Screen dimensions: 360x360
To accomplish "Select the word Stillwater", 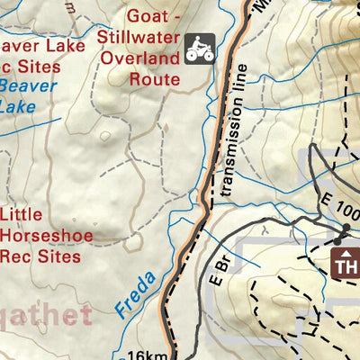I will [140, 37].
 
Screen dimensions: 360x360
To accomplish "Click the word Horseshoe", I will [40, 235].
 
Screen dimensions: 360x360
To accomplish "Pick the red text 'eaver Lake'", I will [36, 46].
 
